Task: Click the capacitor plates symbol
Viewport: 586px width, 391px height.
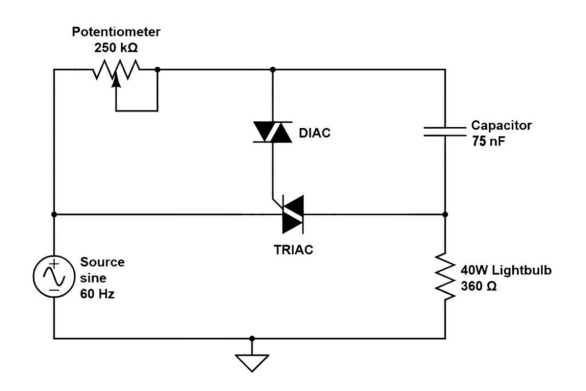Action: tap(445, 131)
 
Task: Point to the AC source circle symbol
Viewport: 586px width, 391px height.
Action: tap(53, 276)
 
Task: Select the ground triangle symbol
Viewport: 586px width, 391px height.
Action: tap(252, 363)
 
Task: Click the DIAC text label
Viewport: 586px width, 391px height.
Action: tap(315, 133)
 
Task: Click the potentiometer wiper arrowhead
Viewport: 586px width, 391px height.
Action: tap(116, 82)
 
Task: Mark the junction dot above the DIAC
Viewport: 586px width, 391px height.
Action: tap(272, 69)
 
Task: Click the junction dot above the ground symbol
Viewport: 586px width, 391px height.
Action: tap(252, 338)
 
